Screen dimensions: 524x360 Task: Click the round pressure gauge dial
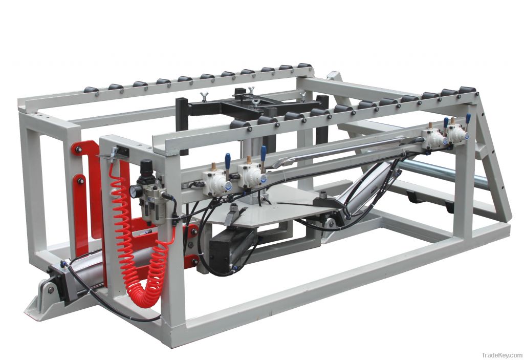(x=135, y=191)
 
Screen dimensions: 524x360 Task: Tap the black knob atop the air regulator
(x=146, y=166)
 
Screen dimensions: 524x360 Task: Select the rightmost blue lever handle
(x=468, y=118)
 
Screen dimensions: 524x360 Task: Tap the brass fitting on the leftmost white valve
(x=213, y=166)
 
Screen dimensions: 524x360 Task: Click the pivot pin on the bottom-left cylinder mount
(x=51, y=289)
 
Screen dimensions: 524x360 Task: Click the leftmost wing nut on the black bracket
(x=204, y=96)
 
